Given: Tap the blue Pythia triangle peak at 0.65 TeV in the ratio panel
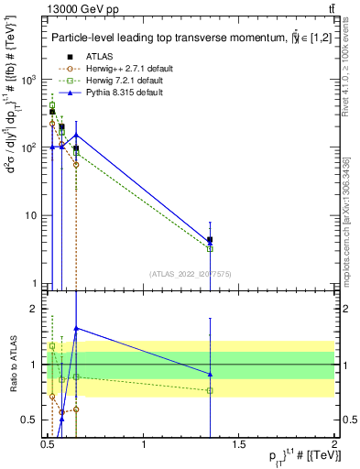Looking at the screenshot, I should coord(76,327).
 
